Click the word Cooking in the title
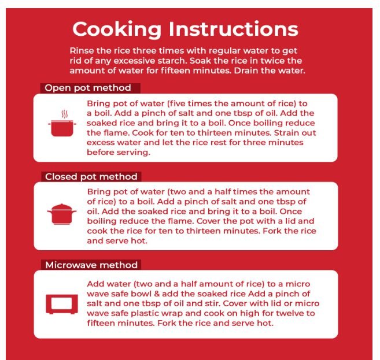click(117, 30)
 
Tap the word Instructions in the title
click(234, 29)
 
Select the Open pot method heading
click(88, 88)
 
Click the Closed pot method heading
click(91, 177)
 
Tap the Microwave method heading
click(91, 265)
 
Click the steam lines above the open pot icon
click(64, 114)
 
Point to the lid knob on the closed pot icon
click(62, 205)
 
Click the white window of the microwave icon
click(61, 303)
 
